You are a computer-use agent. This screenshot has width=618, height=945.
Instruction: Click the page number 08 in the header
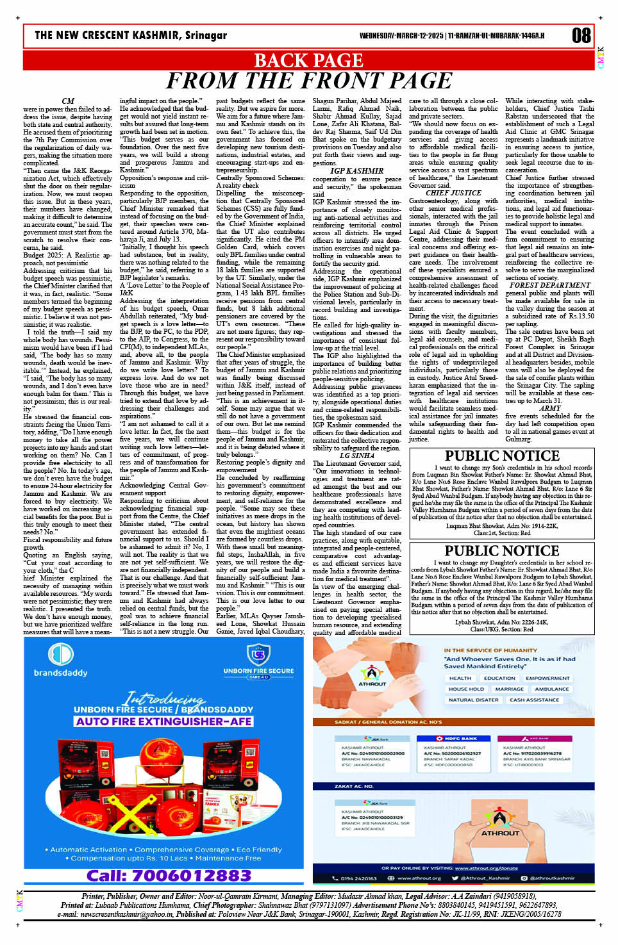(x=581, y=35)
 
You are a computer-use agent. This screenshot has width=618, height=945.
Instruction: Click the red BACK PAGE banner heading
(x=308, y=60)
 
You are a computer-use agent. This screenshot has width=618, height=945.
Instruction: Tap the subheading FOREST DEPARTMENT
(x=550, y=285)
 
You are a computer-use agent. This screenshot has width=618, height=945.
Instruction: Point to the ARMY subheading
(x=550, y=408)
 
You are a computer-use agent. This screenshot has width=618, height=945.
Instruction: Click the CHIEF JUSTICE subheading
(x=453, y=193)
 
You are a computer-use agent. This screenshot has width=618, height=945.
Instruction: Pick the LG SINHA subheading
(x=357, y=456)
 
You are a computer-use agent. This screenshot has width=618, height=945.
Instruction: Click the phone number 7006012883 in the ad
(x=169, y=875)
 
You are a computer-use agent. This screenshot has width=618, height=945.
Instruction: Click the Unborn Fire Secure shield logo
(x=258, y=655)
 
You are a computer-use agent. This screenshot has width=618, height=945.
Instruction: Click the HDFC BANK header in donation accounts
(x=458, y=739)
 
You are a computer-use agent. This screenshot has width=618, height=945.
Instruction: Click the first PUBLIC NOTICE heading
(x=502, y=456)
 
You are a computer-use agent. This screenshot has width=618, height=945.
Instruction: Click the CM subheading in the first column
(x=68, y=101)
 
